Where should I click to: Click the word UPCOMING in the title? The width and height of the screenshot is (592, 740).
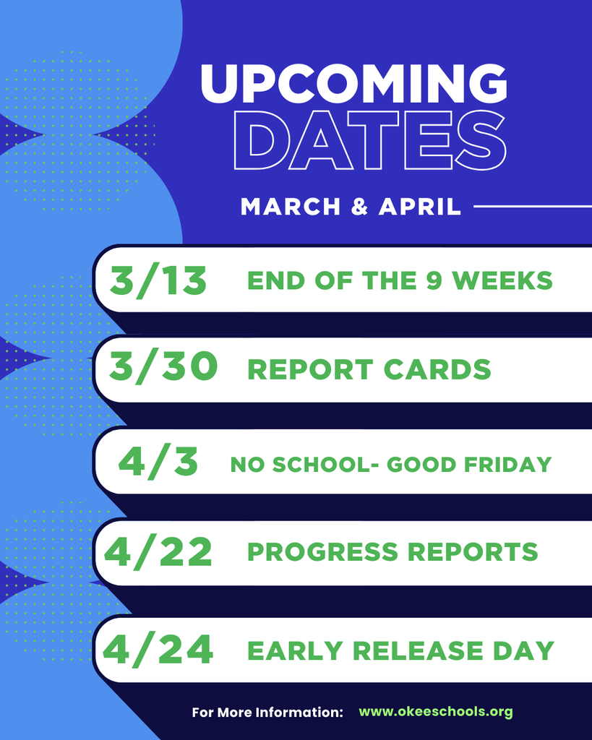(353, 84)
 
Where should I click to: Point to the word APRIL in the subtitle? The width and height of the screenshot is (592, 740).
(420, 207)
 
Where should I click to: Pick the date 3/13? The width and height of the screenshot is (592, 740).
(158, 280)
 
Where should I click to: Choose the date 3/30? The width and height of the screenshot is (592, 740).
(163, 367)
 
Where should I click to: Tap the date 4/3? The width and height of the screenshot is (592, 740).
(158, 462)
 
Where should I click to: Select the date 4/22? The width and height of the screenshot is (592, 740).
(158, 552)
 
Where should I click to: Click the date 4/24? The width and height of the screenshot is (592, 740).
(158, 650)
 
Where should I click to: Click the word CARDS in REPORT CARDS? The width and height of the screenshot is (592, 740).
(437, 369)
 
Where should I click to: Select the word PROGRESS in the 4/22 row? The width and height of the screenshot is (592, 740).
(322, 552)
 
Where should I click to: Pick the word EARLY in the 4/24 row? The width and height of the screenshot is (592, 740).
(291, 650)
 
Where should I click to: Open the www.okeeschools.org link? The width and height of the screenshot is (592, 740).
(436, 712)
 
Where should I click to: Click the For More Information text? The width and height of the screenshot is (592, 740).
(267, 713)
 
